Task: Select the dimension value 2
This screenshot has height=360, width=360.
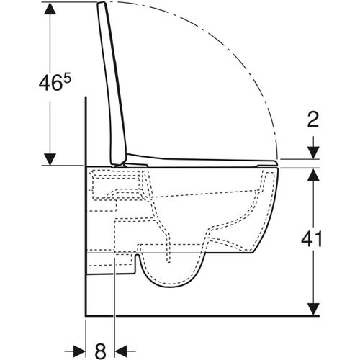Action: coord(312,120)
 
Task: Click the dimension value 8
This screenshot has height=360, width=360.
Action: coord(100,351)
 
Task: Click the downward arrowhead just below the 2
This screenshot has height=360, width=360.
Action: coord(312,153)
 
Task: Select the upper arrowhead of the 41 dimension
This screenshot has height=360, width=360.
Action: coord(312,174)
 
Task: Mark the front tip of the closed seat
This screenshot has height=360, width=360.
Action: coord(276,163)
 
